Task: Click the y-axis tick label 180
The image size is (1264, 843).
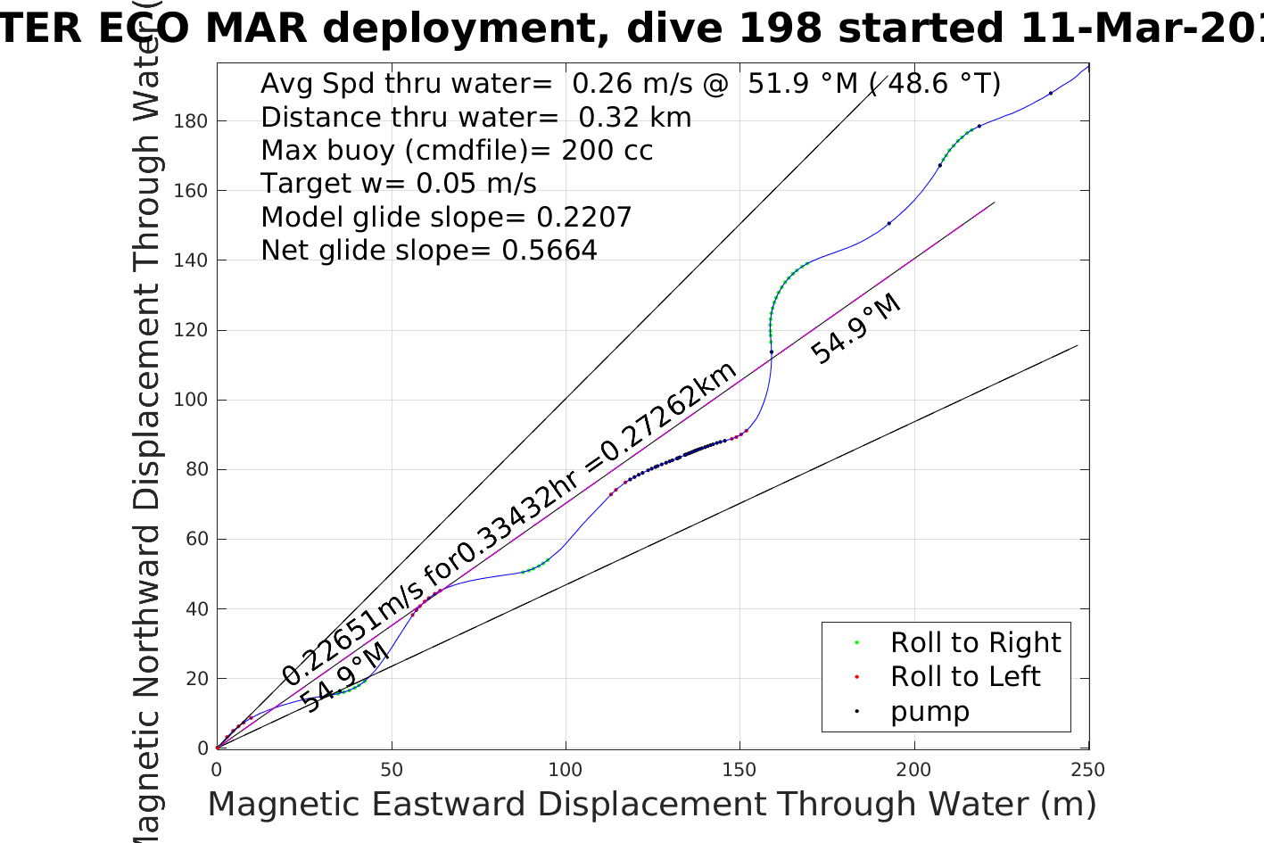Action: (190, 121)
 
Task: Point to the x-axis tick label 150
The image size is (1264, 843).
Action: (739, 770)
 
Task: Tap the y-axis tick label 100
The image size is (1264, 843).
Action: (190, 400)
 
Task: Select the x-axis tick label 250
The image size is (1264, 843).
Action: (1087, 770)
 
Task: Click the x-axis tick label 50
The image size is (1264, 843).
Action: (391, 770)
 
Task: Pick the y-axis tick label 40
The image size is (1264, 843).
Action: (195, 609)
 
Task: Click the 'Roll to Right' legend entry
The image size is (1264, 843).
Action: (975, 642)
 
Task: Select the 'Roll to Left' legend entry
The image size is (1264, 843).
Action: (964, 677)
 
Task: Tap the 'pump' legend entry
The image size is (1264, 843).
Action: (929, 712)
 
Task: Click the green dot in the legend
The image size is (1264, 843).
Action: (856, 642)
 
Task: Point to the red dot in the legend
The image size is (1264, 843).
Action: (856, 677)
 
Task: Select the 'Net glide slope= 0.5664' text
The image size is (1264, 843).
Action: (429, 251)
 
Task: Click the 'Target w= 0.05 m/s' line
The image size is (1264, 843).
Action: (399, 184)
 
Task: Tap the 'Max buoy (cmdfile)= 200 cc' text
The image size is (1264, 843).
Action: (457, 150)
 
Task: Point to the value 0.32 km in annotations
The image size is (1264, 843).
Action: (635, 117)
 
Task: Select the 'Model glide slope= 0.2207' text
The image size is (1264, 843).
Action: (446, 218)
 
